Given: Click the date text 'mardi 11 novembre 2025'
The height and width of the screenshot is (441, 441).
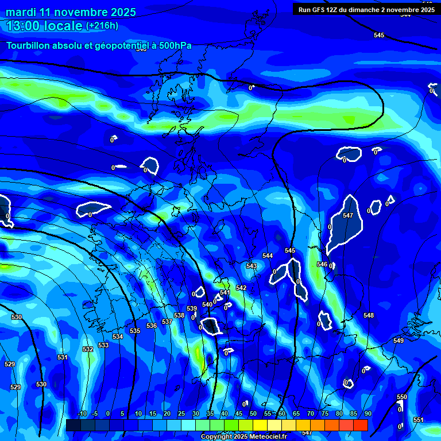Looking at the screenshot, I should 71,12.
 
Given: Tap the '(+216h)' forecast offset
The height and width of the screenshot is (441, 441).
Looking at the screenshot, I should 102,25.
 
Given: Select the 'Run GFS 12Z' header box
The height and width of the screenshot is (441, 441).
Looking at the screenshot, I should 366,9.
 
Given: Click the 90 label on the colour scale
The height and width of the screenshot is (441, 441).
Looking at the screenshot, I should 367,413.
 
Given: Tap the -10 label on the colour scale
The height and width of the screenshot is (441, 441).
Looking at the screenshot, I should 82,413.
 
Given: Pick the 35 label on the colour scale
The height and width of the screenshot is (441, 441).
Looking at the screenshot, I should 210,413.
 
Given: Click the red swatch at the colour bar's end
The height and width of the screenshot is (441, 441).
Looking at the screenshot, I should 360,425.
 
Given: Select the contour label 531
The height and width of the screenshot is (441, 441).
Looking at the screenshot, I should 63,357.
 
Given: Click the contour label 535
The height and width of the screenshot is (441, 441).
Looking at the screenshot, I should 135,331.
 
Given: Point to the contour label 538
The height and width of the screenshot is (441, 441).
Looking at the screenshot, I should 179,315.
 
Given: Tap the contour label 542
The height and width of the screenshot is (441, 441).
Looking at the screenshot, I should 241,288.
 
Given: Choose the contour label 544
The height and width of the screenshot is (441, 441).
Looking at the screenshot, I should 268,256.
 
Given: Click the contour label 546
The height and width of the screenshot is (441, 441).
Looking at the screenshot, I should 322,264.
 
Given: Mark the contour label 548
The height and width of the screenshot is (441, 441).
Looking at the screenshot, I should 369,315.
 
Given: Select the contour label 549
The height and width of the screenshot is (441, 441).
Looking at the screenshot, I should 399,341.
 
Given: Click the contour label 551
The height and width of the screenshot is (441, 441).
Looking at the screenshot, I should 419,420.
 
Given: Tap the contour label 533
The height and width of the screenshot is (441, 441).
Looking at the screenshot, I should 103,345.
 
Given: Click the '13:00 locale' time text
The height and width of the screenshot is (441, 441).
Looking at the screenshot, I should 44,25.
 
